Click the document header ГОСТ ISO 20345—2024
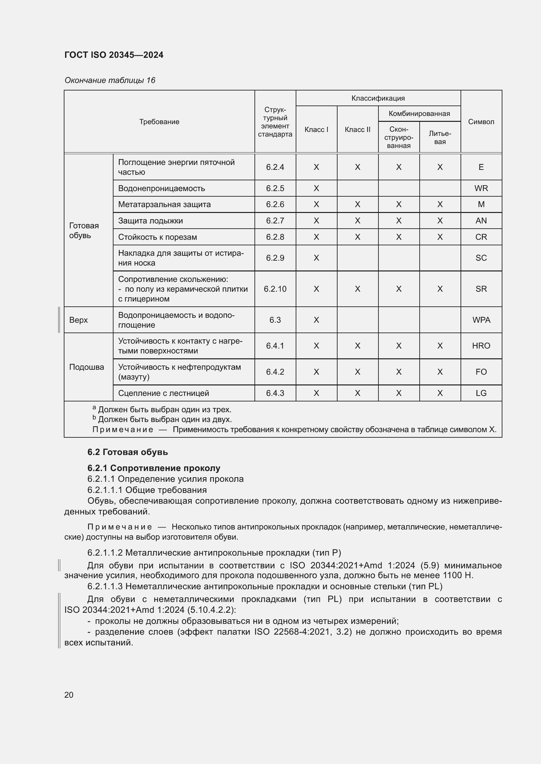pyautogui.click(x=114, y=55)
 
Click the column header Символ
pyautogui.click(x=481, y=122)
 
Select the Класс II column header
pyautogui.click(x=358, y=130)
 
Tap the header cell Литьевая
pyautogui.click(x=440, y=138)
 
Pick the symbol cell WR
pyautogui.click(x=481, y=188)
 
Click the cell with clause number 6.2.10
pyautogui.click(x=275, y=289)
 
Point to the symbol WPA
pyautogui.click(x=481, y=320)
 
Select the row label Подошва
pyautogui.click(x=87, y=367)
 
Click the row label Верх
pyautogui.click(x=79, y=320)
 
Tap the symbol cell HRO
pyautogui.click(x=481, y=346)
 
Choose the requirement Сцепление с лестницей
pyautogui.click(x=164, y=393)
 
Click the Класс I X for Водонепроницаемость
pyautogui.click(x=316, y=188)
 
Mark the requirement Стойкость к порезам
pyautogui.click(x=158, y=237)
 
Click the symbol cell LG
pyautogui.click(x=481, y=393)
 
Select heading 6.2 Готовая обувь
pyautogui.click(x=128, y=452)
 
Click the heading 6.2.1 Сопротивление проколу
pyautogui.click(x=154, y=468)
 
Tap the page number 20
pyautogui.click(x=69, y=695)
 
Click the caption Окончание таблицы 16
pyautogui.click(x=110, y=80)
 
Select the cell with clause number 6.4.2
pyautogui.click(x=275, y=372)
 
